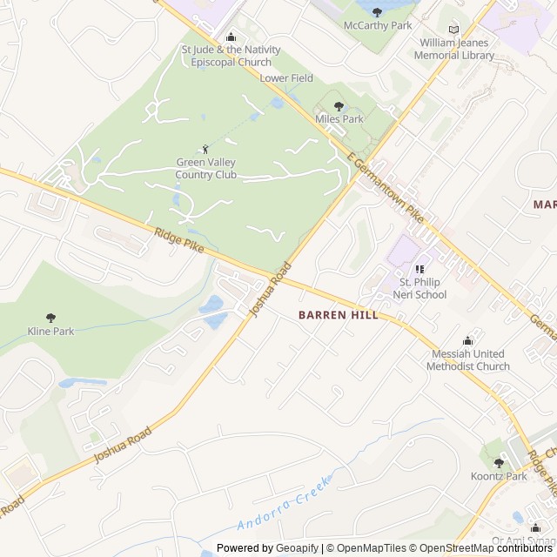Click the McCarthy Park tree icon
[x=377, y=12]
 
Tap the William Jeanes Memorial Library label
[x=453, y=49]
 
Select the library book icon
[x=453, y=30]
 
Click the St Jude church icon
[x=231, y=37]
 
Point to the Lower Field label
[x=286, y=78]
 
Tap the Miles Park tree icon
[x=339, y=106]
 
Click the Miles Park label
[x=339, y=119]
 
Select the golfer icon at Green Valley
[x=206, y=149]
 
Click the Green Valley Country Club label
[x=206, y=169]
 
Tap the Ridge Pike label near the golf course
[x=179, y=239]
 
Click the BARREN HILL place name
[x=339, y=315]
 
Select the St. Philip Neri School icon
[x=419, y=270]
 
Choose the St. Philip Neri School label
[x=423, y=288]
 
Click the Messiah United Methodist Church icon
[x=468, y=340]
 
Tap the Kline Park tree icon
[x=50, y=319]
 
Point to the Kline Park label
[x=50, y=332]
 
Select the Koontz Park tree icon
[x=499, y=463]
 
